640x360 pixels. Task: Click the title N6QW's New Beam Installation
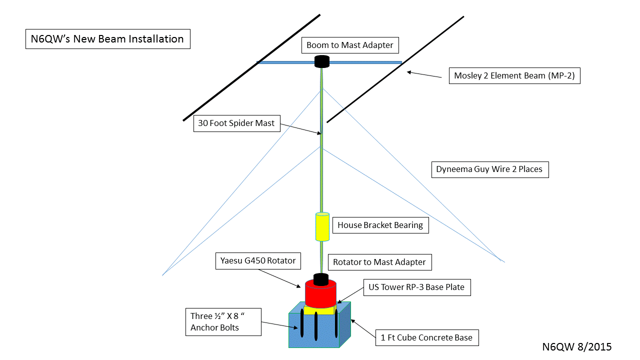[107, 39]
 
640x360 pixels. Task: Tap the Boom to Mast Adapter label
[349, 45]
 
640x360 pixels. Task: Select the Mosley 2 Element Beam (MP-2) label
[514, 76]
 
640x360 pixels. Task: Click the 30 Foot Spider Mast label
[236, 123]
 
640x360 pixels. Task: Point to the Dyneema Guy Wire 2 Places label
[489, 169]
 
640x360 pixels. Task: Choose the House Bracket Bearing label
[380, 225]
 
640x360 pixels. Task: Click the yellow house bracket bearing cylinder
[322, 226]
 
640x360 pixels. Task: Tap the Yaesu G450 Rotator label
[258, 260]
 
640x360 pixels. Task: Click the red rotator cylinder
[320, 294]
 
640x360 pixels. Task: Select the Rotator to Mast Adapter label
[379, 262]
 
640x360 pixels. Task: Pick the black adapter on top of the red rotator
[320, 279]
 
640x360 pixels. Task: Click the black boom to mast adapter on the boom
[322, 61]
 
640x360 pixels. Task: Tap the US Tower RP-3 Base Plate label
[416, 287]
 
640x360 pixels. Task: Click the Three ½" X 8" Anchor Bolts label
[223, 321]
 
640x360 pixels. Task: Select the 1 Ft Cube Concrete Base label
[426, 337]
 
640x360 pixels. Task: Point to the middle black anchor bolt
[316, 326]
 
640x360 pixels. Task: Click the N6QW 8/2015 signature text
[576, 346]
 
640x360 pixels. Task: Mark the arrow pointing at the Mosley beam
[424, 74]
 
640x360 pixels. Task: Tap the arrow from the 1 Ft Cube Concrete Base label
[363, 328]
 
